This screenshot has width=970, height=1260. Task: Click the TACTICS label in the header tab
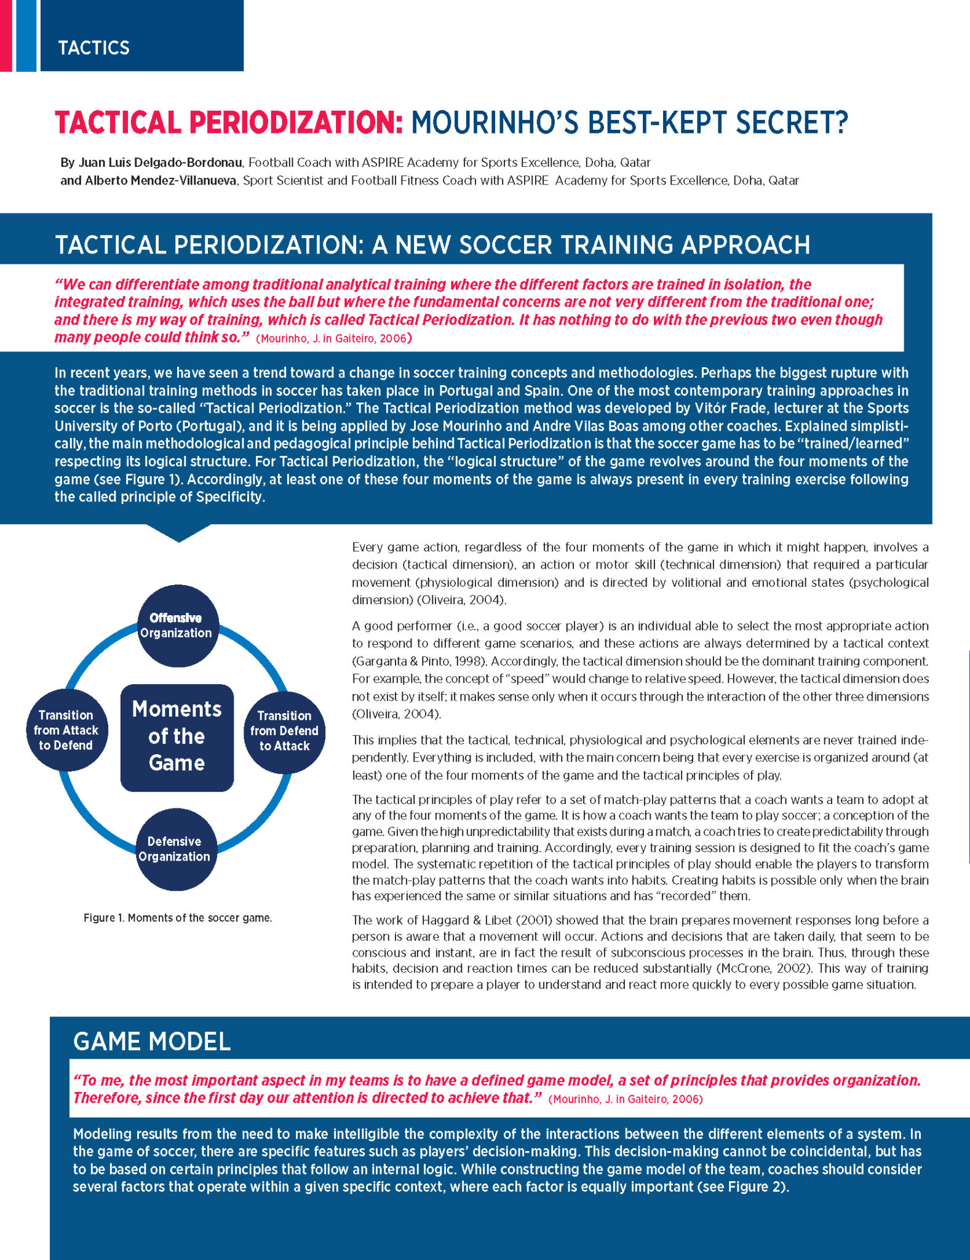pyautogui.click(x=93, y=48)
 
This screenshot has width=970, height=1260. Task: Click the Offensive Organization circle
pyautogui.click(x=176, y=626)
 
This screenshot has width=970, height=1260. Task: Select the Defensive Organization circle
pyautogui.click(x=175, y=849)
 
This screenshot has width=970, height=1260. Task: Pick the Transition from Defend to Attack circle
pyautogui.click(x=284, y=731)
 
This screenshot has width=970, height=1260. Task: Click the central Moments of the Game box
pyautogui.click(x=177, y=736)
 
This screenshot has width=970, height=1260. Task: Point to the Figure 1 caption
pyautogui.click(x=178, y=918)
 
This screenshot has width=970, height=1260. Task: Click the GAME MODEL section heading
pyautogui.click(x=151, y=1042)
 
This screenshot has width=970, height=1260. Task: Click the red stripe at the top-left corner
pyautogui.click(x=6, y=36)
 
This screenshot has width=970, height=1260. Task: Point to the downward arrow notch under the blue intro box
pyautogui.click(x=178, y=533)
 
